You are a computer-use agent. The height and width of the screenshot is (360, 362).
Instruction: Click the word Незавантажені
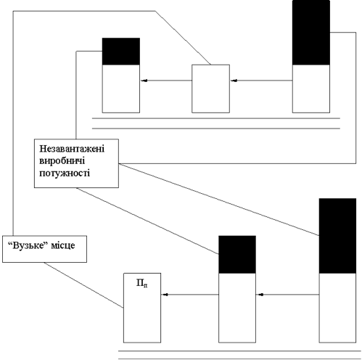72,149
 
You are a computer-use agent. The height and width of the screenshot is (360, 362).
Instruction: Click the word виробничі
62,161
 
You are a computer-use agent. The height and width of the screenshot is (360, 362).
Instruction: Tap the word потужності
65,173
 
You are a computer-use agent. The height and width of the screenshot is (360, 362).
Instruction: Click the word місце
63,245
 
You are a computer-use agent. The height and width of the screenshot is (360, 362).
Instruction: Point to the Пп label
142,283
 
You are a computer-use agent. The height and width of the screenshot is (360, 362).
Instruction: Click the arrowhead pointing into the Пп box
165,295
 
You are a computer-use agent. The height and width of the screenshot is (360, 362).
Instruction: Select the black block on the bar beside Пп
237,255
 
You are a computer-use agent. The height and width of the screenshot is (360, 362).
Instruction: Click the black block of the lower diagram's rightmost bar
337,236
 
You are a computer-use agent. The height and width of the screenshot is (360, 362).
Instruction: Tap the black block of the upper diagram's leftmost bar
121,52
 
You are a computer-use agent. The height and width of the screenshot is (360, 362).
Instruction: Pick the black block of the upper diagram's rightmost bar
311,33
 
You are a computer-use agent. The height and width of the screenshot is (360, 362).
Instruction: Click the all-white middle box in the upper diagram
210,89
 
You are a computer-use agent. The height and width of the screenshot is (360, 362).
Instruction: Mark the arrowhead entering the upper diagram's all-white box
234,81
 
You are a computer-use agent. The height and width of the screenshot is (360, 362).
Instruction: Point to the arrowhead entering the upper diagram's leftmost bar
144,81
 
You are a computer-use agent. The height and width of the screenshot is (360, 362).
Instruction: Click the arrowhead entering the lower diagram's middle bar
260,295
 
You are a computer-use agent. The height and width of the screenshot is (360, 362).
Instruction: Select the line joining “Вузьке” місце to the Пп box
83,285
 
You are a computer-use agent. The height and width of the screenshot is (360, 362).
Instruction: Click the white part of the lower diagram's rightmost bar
337,308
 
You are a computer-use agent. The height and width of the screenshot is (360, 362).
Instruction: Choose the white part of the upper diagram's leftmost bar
121,89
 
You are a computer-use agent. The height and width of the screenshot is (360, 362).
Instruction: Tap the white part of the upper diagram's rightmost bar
311,89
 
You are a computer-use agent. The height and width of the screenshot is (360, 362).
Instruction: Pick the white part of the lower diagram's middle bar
237,308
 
